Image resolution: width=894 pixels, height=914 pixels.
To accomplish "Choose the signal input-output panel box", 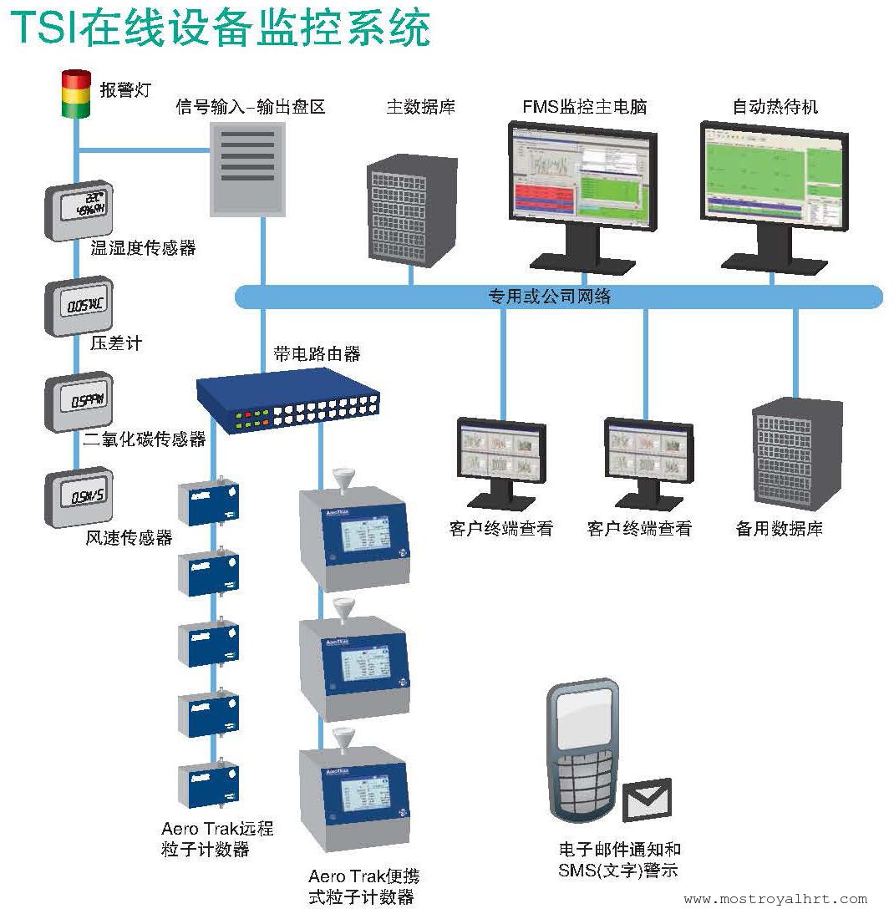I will pos(247,169).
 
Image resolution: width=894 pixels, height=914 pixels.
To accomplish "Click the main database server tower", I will pos(410,213).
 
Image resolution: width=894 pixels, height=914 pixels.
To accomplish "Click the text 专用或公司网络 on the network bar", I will pos(549,297).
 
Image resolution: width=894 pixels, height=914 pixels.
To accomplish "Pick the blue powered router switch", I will pos(288,402).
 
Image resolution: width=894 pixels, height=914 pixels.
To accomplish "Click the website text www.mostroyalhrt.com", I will pos(775,900).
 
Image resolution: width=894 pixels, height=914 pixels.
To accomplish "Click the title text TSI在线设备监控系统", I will pos(221,28).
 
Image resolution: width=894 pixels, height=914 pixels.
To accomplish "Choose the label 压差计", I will pos(116,343).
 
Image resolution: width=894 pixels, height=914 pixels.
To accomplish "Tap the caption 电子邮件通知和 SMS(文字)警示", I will pos(619,861).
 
